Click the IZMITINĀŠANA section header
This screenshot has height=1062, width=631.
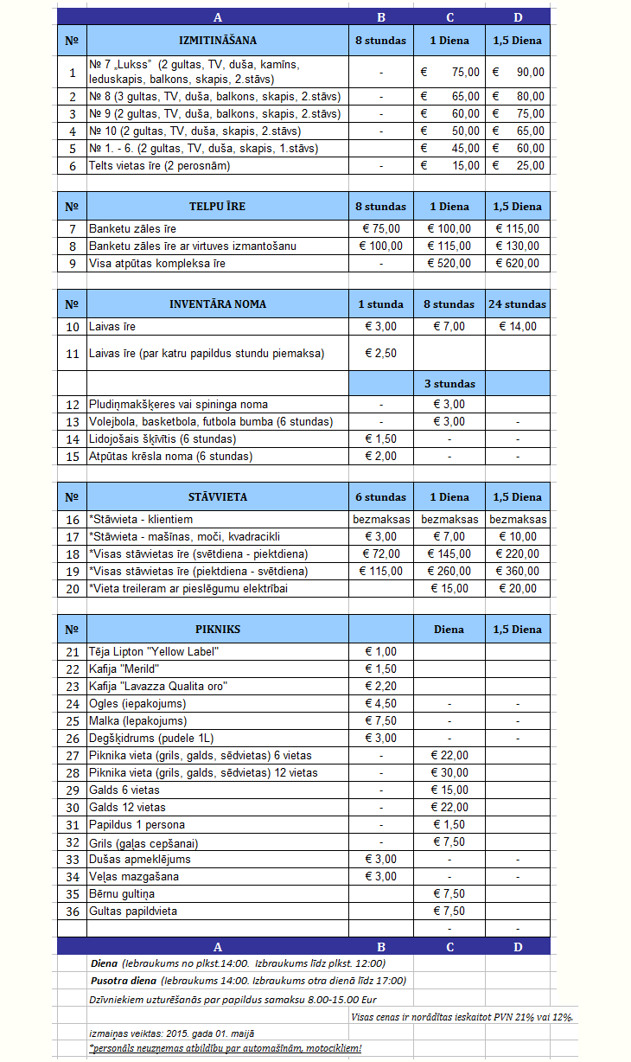[x=217, y=40]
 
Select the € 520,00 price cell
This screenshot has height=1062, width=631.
[x=449, y=263]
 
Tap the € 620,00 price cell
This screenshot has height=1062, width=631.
[x=518, y=263]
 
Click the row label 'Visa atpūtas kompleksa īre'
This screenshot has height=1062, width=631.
[x=157, y=263]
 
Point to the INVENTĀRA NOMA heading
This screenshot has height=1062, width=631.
[x=217, y=304]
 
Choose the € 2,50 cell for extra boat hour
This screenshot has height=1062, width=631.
[x=380, y=353]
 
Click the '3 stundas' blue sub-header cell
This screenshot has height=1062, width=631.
[x=449, y=383]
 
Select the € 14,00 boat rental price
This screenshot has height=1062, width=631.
[x=518, y=326]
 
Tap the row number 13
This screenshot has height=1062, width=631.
[x=72, y=422]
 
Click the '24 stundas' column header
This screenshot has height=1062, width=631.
[x=518, y=304]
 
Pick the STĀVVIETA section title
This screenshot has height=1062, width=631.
[x=217, y=497]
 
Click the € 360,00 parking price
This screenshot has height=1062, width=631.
[x=518, y=572]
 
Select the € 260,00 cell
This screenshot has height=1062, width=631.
[x=449, y=572]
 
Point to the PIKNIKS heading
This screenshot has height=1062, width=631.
[x=217, y=629]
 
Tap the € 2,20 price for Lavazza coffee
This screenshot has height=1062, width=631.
[x=380, y=686]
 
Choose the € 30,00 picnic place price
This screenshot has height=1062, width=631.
[x=449, y=772]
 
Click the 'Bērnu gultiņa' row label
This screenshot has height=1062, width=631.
[x=122, y=893]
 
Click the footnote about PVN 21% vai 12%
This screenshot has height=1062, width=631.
[x=462, y=1017]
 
